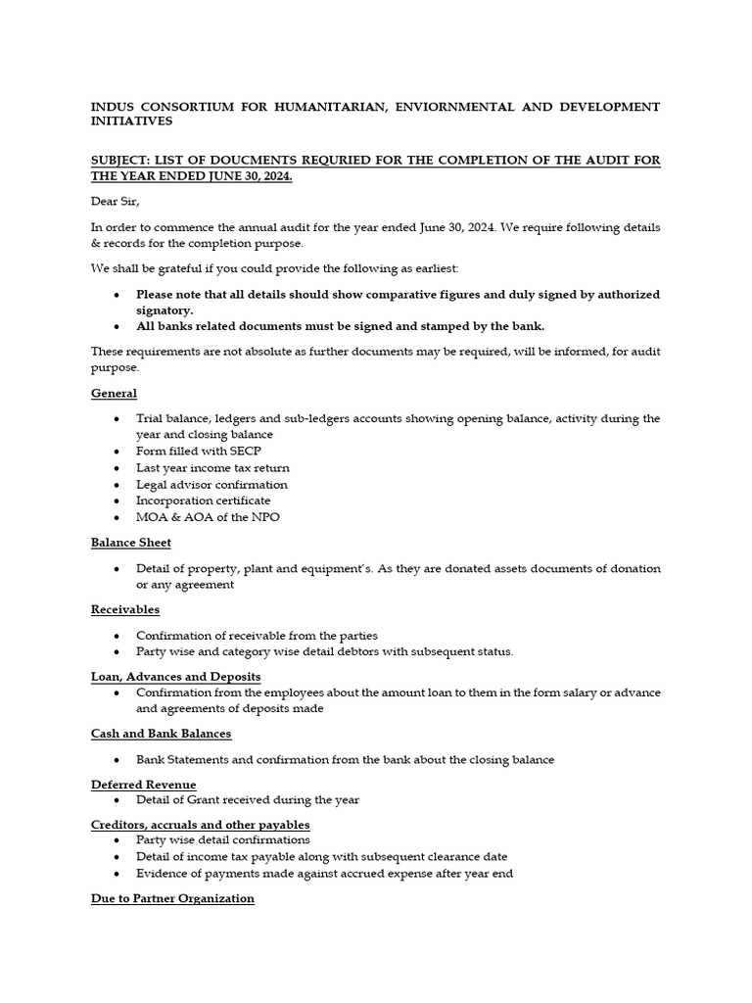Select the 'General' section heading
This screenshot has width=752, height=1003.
pyautogui.click(x=114, y=393)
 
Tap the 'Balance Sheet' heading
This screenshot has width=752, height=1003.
pyautogui.click(x=130, y=543)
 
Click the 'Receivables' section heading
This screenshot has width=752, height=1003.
pyautogui.click(x=124, y=610)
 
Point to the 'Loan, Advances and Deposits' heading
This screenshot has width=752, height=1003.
pyautogui.click(x=175, y=677)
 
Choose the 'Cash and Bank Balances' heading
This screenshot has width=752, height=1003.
pyautogui.click(x=161, y=734)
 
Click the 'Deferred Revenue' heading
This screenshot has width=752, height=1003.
pyautogui.click(x=143, y=785)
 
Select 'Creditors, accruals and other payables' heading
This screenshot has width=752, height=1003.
pyautogui.click(x=200, y=825)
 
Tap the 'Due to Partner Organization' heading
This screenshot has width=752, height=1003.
pyautogui.click(x=172, y=898)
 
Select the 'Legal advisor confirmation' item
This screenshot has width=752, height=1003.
pyautogui.click(x=211, y=485)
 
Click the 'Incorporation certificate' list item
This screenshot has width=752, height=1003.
pyautogui.click(x=203, y=501)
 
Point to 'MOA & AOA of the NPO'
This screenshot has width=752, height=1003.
pyautogui.click(x=208, y=517)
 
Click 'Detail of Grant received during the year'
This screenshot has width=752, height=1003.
pyautogui.click(x=248, y=800)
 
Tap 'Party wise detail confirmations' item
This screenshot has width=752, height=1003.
pyautogui.click(x=222, y=839)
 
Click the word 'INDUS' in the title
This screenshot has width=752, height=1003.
pyautogui.click(x=111, y=106)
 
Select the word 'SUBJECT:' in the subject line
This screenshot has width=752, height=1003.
pyautogui.click(x=121, y=160)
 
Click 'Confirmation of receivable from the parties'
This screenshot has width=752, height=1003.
pyautogui.click(x=257, y=636)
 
